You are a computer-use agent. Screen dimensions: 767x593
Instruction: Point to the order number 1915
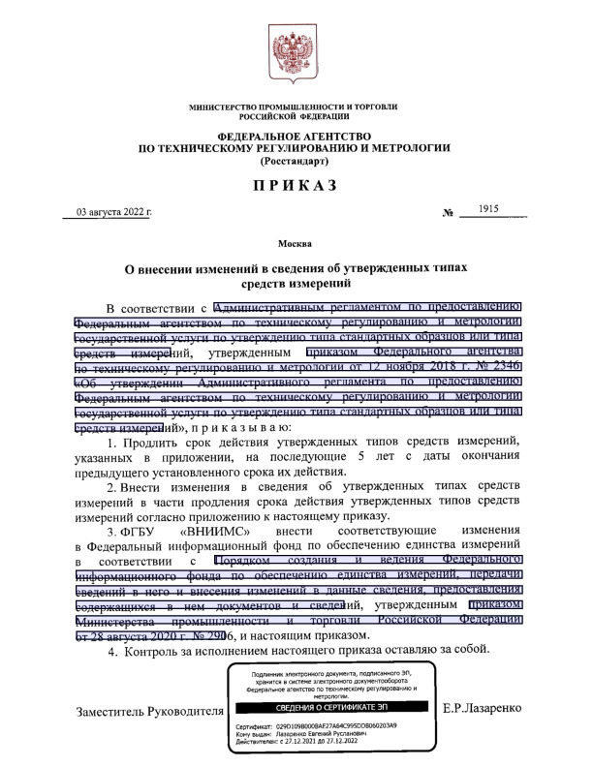(501, 209)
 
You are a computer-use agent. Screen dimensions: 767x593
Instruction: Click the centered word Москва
(296, 242)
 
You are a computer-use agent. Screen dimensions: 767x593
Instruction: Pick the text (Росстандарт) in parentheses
(296, 164)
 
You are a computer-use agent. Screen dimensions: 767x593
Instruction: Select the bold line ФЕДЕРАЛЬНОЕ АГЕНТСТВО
(296, 136)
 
